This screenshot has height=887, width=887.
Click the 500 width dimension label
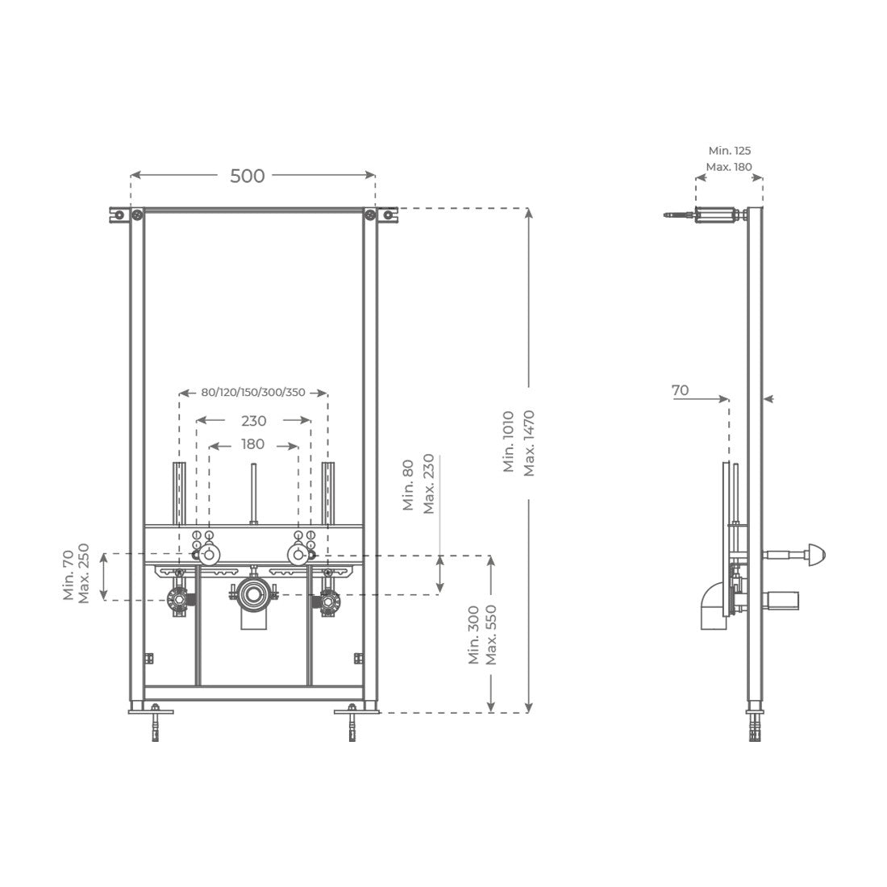pos(248,176)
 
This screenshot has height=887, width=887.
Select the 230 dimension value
pos(253,421)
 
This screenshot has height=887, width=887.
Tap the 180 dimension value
pos(252,444)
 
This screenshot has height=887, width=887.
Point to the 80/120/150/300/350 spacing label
pos(253,392)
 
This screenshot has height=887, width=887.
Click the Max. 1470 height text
pos(529,443)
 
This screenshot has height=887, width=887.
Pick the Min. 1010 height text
pos(509,442)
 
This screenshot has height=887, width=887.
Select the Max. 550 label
pos(491,635)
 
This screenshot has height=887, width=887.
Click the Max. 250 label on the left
pos(84,573)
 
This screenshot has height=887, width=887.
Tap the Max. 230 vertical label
pos(429,484)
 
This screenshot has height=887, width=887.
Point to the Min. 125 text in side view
pos(730,151)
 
